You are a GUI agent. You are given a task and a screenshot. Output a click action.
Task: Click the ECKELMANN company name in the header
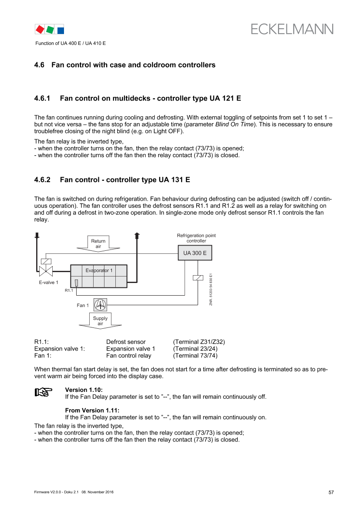coord(292,29)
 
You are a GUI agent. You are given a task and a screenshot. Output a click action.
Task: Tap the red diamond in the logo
coord(40,30)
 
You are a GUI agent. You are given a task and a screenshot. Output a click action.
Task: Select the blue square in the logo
coord(61,30)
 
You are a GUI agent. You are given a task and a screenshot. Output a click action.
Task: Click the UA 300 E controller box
coord(195,253)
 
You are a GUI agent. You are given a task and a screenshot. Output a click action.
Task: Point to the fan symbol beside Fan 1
coord(100,305)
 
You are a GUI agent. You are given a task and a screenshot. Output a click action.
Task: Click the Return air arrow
coord(98,244)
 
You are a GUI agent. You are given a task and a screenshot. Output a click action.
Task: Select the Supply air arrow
coord(100,321)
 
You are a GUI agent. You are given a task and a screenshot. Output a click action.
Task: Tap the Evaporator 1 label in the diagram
coord(99,270)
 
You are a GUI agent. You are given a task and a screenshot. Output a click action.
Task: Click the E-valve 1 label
coord(49,283)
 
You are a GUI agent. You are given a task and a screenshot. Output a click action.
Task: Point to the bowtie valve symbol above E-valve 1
coord(46,271)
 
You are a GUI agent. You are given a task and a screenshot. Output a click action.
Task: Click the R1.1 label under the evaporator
coord(69,290)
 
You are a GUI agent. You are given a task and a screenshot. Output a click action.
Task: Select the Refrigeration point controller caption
coord(196,238)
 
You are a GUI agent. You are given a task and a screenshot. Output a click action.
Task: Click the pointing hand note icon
coord(44,392)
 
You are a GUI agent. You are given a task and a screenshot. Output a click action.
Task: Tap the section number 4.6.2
coord(42,180)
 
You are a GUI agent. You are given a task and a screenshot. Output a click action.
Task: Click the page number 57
coord(331,492)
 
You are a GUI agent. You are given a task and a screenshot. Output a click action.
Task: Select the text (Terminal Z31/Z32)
coord(199,342)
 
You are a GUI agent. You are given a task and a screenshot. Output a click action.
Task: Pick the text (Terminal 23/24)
coord(195,349)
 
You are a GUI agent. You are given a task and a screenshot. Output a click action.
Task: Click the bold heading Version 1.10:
coord(84,390)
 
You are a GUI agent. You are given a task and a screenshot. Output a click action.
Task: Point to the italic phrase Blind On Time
coord(234,125)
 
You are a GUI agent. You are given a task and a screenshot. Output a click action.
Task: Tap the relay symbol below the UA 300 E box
coord(198,277)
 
